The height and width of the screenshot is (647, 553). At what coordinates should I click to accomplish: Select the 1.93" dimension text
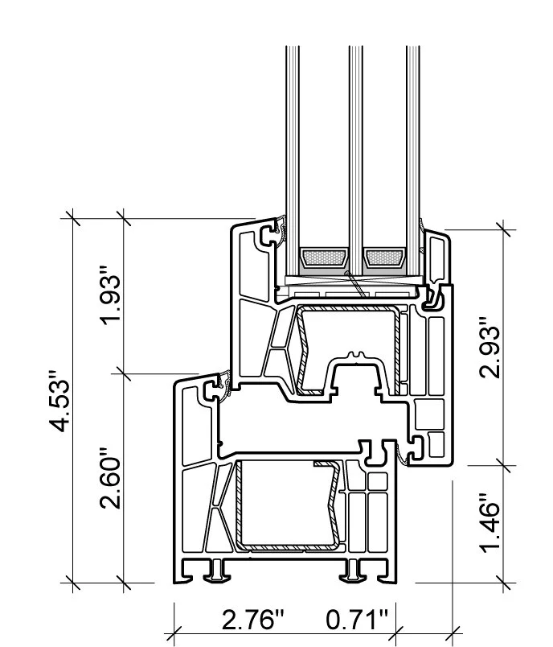click(x=110, y=298)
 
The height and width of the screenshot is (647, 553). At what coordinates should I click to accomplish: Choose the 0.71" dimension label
click(x=358, y=620)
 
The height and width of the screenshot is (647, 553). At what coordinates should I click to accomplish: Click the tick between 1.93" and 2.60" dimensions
click(x=122, y=372)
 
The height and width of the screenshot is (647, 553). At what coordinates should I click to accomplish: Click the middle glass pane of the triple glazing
click(x=353, y=145)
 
